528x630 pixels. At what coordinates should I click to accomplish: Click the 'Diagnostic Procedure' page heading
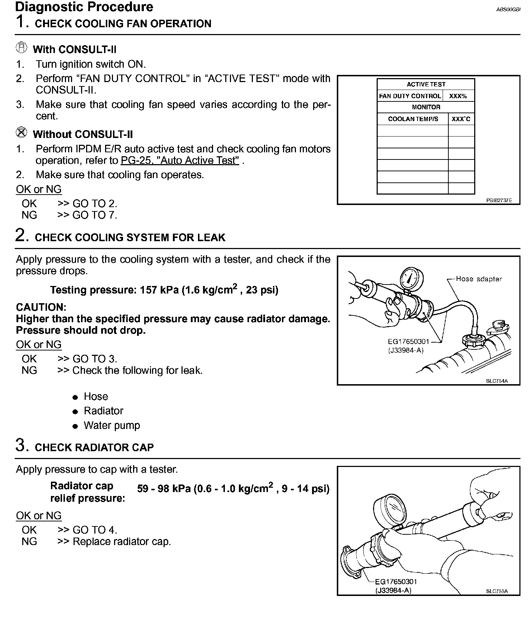click(84, 7)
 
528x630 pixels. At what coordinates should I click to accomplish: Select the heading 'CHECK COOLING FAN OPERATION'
click(123, 24)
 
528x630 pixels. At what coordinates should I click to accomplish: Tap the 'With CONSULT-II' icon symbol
click(22, 48)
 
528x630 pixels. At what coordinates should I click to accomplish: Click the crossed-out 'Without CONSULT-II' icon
click(22, 133)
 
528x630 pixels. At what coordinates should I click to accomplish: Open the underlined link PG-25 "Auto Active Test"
click(180, 160)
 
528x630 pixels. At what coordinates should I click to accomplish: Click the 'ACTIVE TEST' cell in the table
click(426, 85)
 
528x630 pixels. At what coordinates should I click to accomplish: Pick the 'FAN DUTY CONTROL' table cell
click(410, 96)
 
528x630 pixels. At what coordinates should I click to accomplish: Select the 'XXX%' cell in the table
click(458, 96)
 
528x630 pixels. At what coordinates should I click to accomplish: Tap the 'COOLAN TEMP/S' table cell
click(413, 119)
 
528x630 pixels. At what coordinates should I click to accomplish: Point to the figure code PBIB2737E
click(499, 200)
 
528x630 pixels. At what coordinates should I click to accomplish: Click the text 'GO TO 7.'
click(95, 215)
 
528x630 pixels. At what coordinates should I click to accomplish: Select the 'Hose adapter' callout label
click(478, 279)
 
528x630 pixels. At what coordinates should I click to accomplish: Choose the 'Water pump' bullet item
click(112, 425)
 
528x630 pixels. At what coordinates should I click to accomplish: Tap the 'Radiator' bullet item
click(103, 411)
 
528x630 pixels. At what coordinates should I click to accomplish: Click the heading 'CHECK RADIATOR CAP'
click(94, 448)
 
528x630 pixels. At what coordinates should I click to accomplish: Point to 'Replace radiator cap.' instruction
click(122, 541)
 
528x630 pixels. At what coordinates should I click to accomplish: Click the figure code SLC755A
click(497, 591)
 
